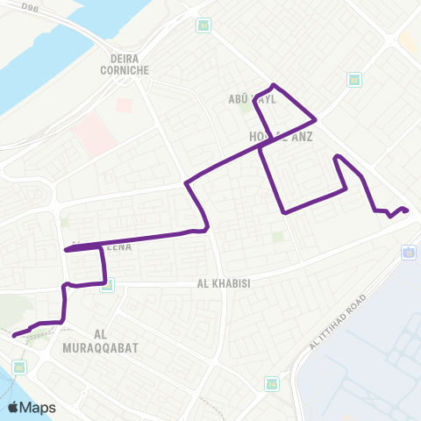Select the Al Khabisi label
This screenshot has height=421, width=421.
224,284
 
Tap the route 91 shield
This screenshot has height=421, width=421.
203,25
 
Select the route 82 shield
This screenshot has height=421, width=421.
353,80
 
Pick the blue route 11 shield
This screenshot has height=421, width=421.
409,253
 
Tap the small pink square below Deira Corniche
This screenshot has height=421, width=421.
124,103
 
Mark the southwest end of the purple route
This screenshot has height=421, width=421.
12,334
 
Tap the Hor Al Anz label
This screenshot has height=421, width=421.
281,137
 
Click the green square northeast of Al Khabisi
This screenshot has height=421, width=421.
278,236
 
